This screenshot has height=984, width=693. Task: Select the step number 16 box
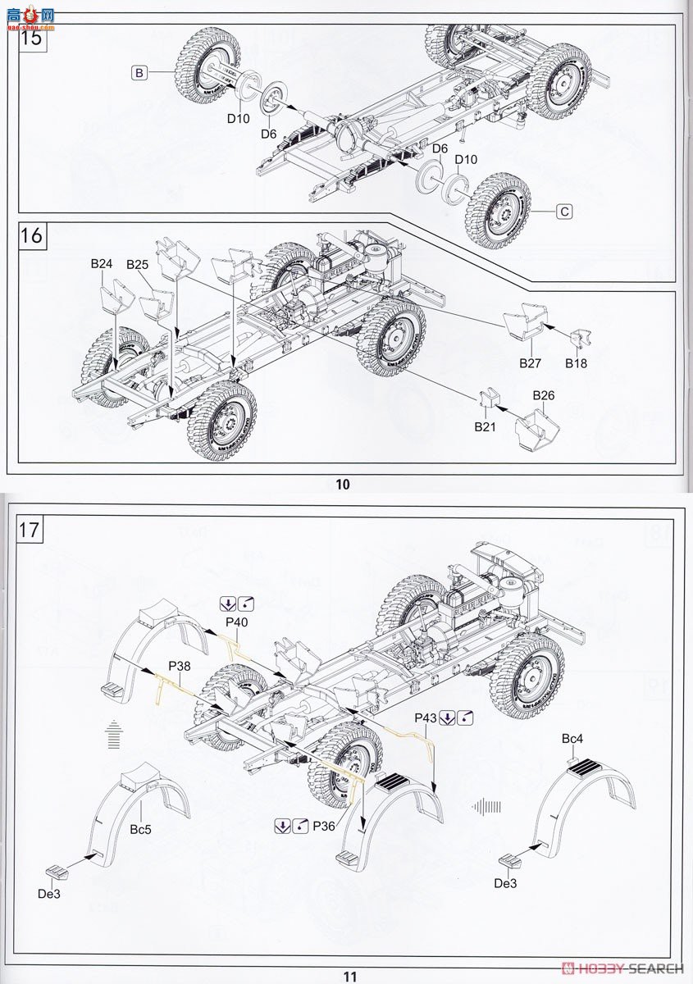tap(31, 235)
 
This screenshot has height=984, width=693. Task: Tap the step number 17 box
tap(28, 530)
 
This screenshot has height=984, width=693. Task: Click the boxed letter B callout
tap(139, 74)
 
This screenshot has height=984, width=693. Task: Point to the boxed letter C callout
tap(563, 212)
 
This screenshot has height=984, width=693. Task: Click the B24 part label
tap(102, 264)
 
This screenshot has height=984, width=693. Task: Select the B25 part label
tap(137, 265)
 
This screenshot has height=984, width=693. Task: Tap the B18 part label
tap(577, 361)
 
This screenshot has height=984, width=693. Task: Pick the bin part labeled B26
tap(537, 424)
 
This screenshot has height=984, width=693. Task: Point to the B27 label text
tap(530, 361)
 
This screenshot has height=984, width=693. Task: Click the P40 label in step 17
tap(236, 622)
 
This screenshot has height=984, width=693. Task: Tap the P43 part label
tap(425, 717)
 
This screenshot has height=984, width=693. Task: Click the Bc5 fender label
tap(140, 829)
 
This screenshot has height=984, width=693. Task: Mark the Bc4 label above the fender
tap(572, 739)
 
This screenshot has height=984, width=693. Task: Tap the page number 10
tap(342, 485)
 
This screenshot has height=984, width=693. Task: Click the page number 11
tap(350, 976)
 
